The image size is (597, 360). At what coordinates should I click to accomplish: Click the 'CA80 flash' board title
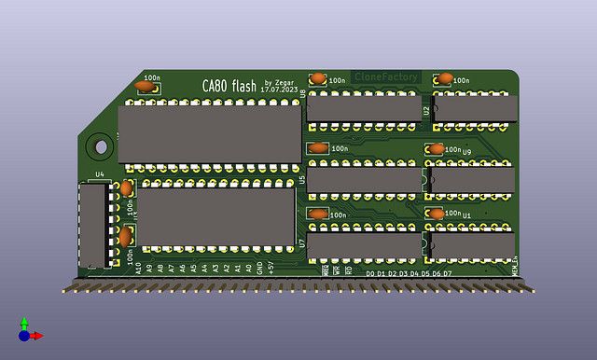[x=229, y=86]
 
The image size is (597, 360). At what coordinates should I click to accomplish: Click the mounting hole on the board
[x=98, y=146]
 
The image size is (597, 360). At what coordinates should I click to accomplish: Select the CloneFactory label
[x=385, y=77]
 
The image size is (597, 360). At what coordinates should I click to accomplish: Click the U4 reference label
[x=100, y=173]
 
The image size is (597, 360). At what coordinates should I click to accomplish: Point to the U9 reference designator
[x=466, y=151]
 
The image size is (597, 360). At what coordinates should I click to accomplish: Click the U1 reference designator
[x=466, y=215]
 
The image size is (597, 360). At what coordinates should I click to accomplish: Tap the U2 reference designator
[x=426, y=110]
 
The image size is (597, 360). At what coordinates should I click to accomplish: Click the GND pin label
[x=260, y=268]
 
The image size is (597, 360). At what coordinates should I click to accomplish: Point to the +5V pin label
[x=271, y=268]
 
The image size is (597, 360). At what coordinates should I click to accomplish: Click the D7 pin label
[x=448, y=273]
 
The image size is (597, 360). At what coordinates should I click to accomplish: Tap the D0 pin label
[x=370, y=273]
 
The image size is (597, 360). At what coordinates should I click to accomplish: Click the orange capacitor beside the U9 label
[x=436, y=149]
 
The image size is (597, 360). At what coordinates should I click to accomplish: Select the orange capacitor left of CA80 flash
[x=144, y=86]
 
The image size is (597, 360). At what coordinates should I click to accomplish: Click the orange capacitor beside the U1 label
[x=436, y=214]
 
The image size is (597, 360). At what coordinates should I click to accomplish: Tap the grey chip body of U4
[x=92, y=225]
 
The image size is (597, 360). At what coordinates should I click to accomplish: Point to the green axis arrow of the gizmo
[x=24, y=323]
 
